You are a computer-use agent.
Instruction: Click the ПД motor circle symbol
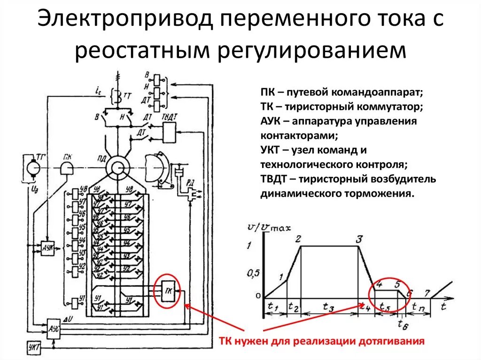coord(115,168)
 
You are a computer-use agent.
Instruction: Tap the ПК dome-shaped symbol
coord(67,168)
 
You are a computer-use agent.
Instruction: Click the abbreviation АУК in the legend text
coord(271,121)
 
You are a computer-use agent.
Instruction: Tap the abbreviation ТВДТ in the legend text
coord(274,180)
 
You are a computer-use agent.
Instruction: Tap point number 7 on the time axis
coord(427,293)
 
